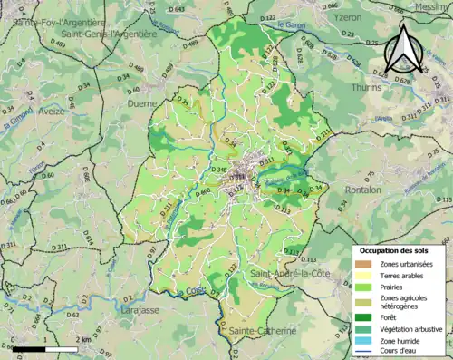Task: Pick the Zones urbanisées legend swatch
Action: (361, 263)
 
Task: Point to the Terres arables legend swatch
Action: (361, 273)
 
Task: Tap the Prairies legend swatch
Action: (361, 283)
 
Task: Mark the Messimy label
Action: (432, 5)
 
